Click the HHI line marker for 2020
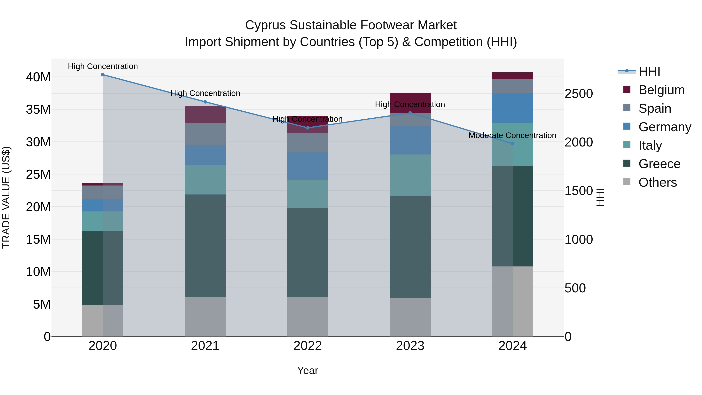[103, 75]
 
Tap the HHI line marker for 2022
[308, 128]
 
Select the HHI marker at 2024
[513, 144]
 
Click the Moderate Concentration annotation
[512, 136]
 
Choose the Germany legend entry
[664, 127]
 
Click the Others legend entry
[657, 182]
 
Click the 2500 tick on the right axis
[579, 94]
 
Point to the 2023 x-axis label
[410, 346]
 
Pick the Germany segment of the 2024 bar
[513, 108]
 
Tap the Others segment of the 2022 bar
[308, 317]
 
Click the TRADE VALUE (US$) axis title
[6, 197]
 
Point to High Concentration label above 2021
[205, 93]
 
